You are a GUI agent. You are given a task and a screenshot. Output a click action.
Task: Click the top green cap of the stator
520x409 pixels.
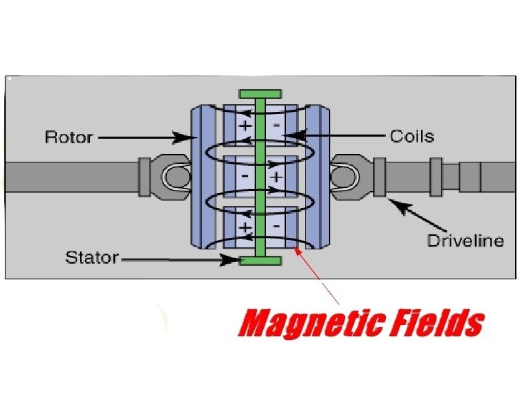click(260, 94)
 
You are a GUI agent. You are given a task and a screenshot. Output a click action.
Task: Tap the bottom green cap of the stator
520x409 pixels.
click(260, 261)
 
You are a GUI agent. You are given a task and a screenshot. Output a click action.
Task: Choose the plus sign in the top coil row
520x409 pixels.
click(245, 126)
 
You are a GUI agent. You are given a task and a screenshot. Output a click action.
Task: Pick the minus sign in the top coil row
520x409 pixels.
click(276, 126)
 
